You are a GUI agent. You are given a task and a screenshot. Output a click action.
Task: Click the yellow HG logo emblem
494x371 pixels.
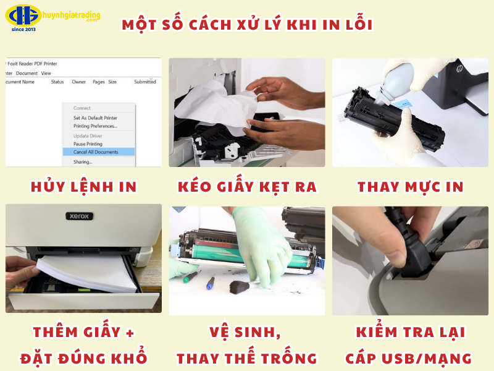[23, 15]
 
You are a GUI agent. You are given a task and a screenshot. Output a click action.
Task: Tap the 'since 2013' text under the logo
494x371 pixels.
[23, 29]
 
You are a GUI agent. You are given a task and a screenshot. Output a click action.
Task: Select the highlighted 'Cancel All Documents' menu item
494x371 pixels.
[95, 151]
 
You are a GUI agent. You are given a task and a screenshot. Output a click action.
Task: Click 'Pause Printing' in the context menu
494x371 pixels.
[88, 143]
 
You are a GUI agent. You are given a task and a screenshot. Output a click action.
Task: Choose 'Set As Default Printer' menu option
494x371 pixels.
[95, 117]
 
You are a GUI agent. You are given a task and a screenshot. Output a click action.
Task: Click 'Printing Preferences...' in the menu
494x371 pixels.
[95, 126]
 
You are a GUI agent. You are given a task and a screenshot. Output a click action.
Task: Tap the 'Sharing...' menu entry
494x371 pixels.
[83, 161]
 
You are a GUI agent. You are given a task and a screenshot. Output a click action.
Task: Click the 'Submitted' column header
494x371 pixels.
[144, 82]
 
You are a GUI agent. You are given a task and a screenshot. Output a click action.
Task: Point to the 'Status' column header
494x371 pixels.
[57, 82]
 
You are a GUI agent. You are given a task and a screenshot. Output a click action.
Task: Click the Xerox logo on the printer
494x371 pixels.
[78, 216]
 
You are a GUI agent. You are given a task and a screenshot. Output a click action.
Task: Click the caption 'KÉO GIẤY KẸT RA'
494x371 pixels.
[246, 186]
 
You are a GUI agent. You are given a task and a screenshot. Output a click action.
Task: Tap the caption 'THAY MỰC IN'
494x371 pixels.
[410, 186]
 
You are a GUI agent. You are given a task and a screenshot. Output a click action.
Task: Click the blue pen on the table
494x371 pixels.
[211, 283]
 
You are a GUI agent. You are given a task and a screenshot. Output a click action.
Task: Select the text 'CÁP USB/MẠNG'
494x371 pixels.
[409, 357]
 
